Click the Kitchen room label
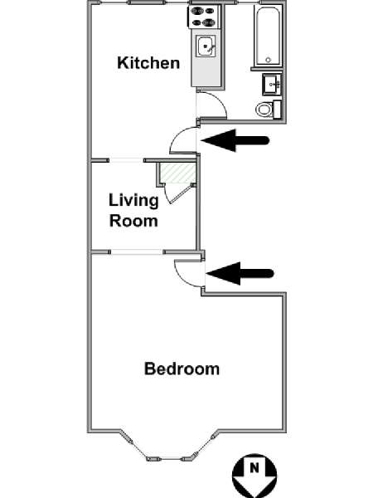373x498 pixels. coord(148,63)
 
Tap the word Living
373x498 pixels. coord(133,201)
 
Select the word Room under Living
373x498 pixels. coord(133,221)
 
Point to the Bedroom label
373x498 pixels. coord(182,369)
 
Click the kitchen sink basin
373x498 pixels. coord(206,46)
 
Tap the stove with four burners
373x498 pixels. coord(204,17)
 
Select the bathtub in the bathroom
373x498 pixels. coord(268,36)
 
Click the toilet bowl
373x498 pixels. coord(264,110)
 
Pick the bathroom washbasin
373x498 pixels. coord(272,85)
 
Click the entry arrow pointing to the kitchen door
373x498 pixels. coord(235,140)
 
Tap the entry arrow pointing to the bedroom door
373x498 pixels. coord(240,273)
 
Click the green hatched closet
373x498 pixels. coord(177,173)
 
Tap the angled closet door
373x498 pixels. coord(180,193)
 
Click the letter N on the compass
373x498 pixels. coord(254,467)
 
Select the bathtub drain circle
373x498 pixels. coord(269,60)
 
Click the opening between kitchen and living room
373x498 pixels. coord(126,160)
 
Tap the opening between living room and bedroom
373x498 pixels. coord(137,251)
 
